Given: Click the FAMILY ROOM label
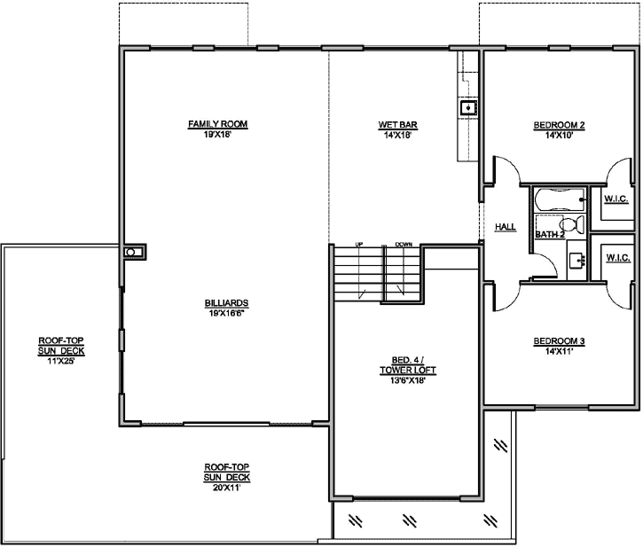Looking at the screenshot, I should [x=216, y=123].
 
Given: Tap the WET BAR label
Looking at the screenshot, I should [x=392, y=123].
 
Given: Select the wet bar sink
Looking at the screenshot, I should [x=467, y=108].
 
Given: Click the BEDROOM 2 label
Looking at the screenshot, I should [x=559, y=124].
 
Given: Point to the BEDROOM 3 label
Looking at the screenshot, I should [x=559, y=341].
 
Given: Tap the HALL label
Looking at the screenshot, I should [x=506, y=227].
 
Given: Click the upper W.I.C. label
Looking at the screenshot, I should [x=616, y=199].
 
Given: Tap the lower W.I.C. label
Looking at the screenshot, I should [x=617, y=257].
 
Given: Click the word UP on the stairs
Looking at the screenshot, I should [x=359, y=243].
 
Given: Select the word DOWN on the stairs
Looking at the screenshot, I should [x=404, y=243].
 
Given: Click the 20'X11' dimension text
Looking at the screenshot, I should [x=226, y=487].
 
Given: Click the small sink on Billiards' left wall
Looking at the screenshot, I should [x=131, y=252].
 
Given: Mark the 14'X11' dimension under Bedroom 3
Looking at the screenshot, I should [x=559, y=352].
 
